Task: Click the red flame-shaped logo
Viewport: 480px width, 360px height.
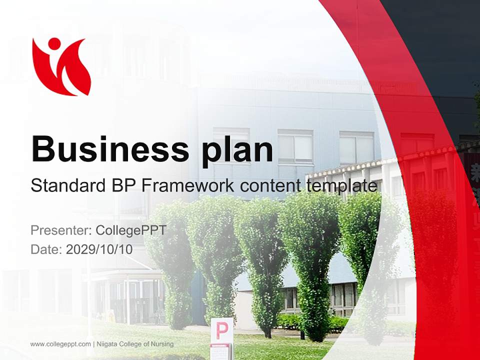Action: [x=61, y=66]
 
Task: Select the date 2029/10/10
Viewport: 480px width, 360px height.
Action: [x=99, y=249]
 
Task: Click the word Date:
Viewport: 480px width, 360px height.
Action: [x=46, y=249]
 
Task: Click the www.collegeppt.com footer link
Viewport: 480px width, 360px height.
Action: [x=60, y=344]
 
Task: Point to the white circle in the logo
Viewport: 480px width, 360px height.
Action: [x=54, y=44]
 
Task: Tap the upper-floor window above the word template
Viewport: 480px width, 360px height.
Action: [x=356, y=148]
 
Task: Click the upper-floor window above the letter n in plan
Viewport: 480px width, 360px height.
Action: [x=295, y=146]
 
